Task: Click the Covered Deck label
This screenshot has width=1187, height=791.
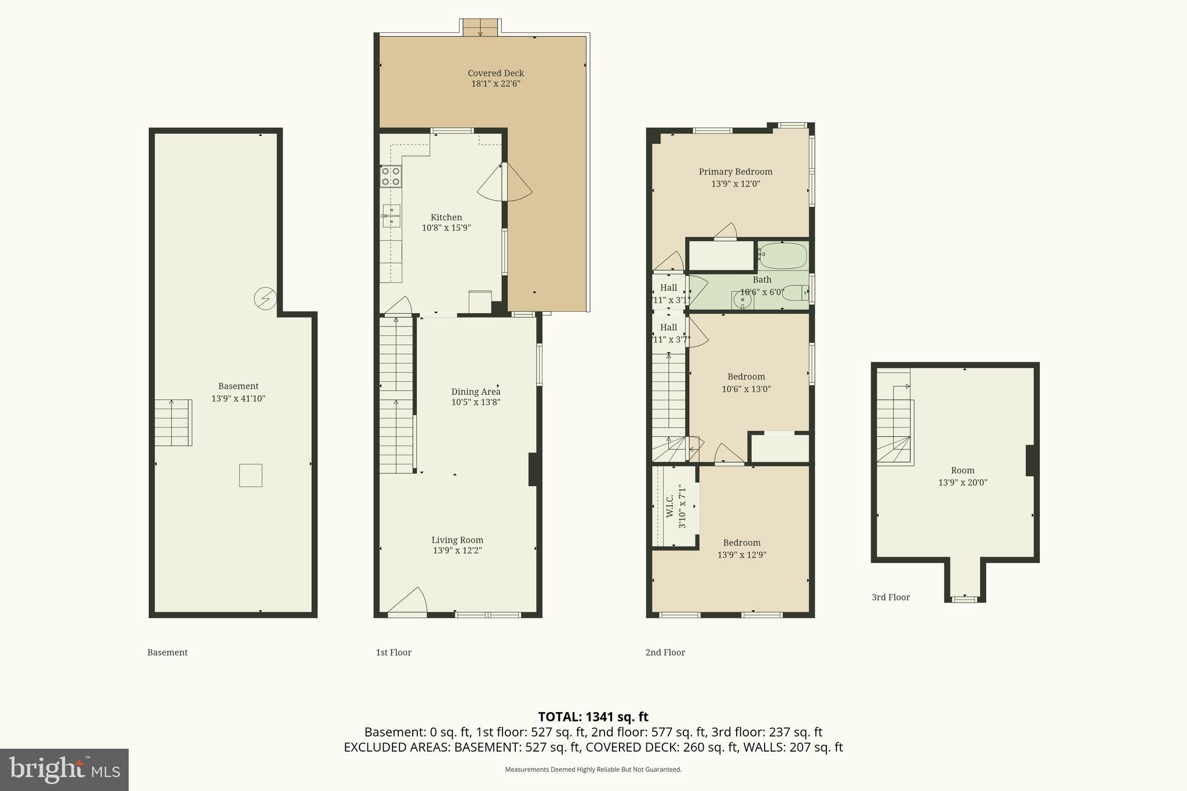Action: click(496, 73)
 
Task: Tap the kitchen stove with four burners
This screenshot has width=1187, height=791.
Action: click(391, 176)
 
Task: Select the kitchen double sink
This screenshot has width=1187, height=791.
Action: click(391, 216)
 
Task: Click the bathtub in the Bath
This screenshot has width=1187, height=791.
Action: click(782, 256)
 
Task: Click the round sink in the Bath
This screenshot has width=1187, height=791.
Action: click(742, 300)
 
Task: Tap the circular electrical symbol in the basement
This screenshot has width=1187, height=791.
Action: click(265, 298)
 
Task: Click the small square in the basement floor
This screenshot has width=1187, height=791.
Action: click(250, 475)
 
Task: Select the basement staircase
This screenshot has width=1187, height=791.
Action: click(173, 422)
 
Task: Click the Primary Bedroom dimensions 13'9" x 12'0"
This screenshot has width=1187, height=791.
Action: click(735, 184)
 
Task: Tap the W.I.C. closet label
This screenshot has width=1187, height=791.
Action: click(670, 506)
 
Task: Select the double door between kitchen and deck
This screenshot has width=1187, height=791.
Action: click(504, 182)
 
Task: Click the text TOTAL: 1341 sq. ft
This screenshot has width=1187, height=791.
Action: click(593, 717)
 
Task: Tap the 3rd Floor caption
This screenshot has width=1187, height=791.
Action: click(890, 597)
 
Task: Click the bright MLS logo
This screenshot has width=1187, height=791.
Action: click(64, 770)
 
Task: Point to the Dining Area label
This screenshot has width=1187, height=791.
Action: click(475, 392)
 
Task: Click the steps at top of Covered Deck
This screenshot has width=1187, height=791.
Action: click(480, 27)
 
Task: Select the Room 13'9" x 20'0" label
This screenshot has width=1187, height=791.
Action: click(962, 476)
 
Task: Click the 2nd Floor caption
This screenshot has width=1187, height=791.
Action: click(665, 653)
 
